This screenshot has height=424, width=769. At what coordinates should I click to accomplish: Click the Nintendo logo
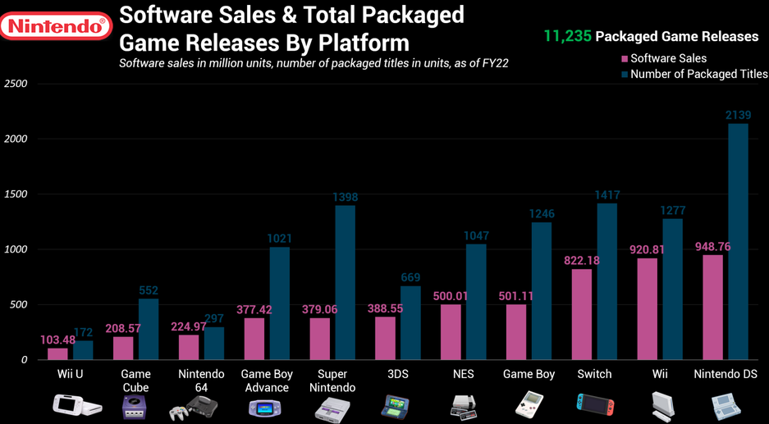point(56,26)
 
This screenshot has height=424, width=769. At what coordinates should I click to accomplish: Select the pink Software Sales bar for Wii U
point(57,353)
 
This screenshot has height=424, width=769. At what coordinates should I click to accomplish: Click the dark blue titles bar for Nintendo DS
point(738,241)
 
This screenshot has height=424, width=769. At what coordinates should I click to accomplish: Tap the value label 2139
point(738,116)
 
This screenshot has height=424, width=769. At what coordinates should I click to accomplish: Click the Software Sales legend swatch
point(625,58)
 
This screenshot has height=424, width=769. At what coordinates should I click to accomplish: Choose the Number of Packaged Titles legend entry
point(698,74)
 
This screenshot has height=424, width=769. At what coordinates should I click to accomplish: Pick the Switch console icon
point(594,404)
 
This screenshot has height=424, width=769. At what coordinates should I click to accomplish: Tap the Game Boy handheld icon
point(529,404)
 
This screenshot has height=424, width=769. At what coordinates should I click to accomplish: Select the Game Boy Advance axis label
point(266,381)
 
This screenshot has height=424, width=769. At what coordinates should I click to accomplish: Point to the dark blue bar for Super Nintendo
point(345,282)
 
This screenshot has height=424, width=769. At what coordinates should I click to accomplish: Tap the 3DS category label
point(397,374)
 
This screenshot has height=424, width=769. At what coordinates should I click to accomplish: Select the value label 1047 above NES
point(476,236)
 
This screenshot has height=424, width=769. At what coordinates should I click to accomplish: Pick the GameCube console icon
point(135,406)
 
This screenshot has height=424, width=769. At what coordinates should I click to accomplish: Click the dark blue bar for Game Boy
point(542,290)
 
